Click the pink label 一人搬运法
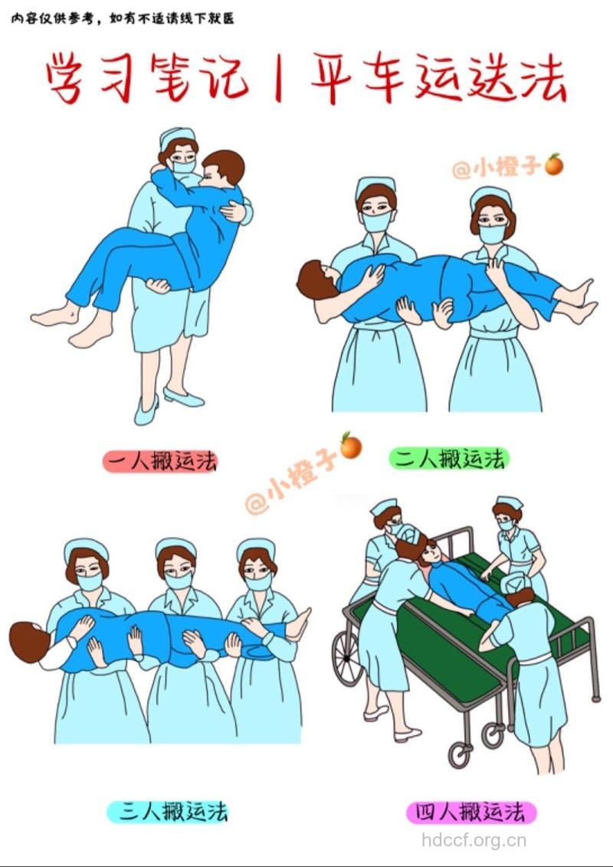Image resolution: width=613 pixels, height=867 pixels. click(160, 461)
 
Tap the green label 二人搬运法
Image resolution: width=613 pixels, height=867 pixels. click(449, 459)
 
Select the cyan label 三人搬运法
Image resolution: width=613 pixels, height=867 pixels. click(167, 811)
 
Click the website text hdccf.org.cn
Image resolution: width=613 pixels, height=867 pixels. click(474, 840)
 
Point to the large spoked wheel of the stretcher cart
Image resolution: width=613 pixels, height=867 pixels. click(348, 659)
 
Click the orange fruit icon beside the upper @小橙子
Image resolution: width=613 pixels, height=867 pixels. click(553, 164)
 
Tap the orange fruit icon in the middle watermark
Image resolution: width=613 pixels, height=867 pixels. click(351, 445)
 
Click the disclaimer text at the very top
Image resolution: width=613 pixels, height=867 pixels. click(123, 18)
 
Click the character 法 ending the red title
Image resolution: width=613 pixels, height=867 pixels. click(541, 78)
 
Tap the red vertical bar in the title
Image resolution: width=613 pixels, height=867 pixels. click(277, 78)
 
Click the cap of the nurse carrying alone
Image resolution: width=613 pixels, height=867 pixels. click(177, 137)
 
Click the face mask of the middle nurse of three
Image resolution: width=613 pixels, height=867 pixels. click(179, 580)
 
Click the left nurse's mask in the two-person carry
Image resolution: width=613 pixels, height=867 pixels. click(376, 222)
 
